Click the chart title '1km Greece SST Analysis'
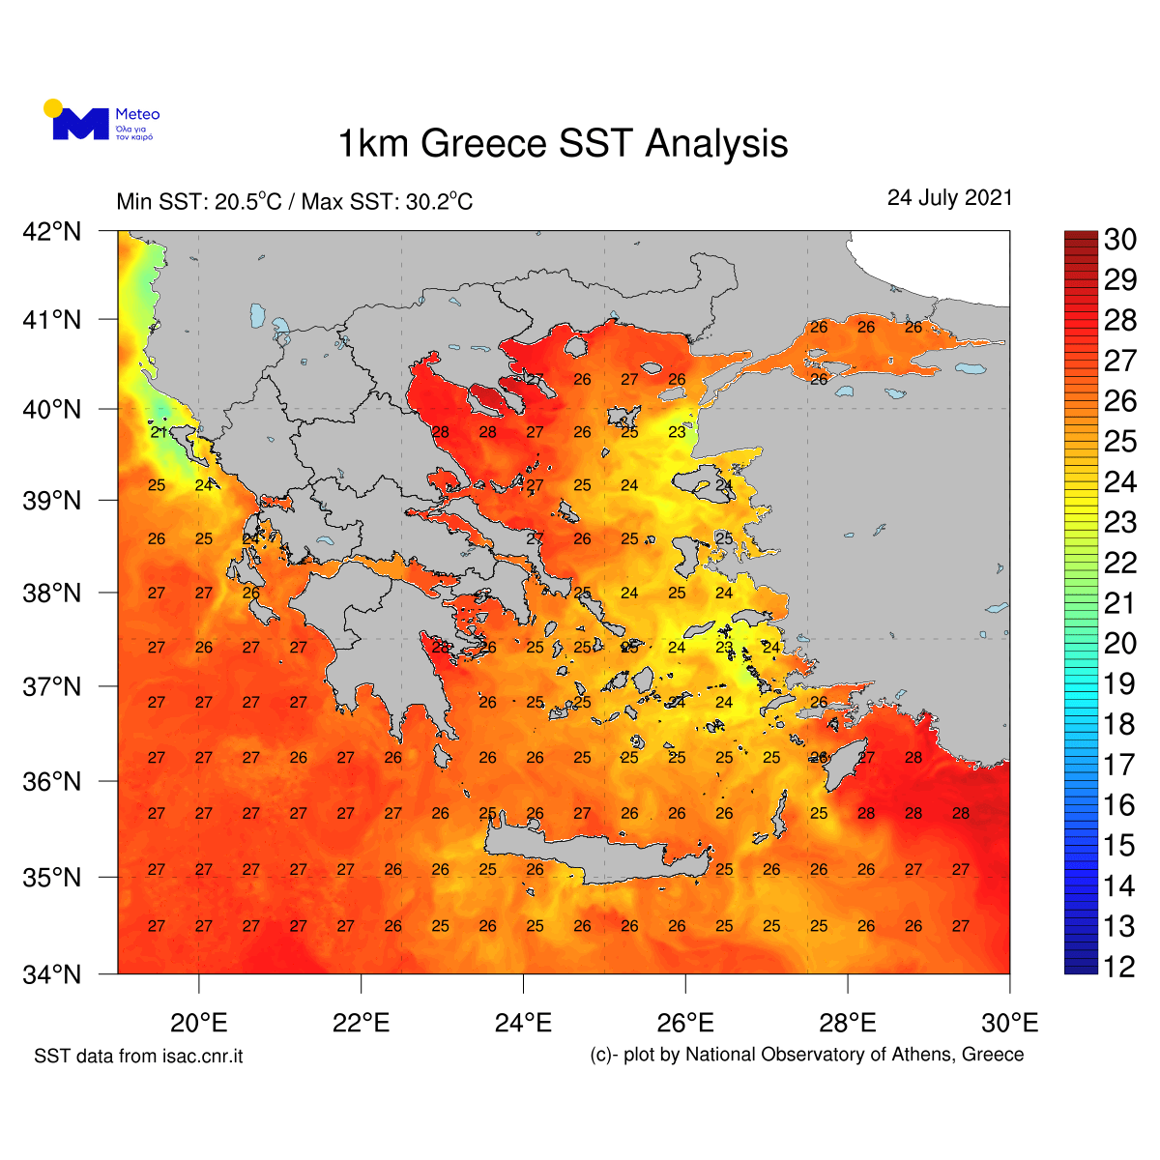563,144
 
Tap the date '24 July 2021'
949,198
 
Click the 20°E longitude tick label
198,1023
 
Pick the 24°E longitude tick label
523,1023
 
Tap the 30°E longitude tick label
1009,1023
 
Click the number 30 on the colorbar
1119,240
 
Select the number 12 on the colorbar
1119,967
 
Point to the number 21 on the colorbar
1119,603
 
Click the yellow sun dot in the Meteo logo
53,107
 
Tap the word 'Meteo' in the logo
137,114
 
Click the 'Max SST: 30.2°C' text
387,202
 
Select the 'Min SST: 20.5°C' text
199,202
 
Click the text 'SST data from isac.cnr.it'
138,1057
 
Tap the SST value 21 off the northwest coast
159,433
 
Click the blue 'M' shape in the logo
80,125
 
